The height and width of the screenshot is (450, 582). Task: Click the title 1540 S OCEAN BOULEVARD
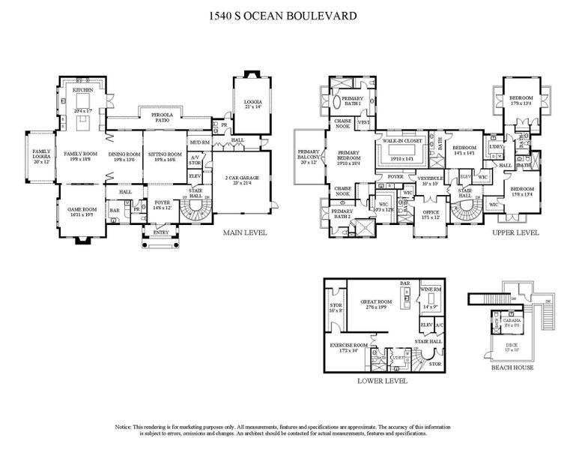click(x=291, y=15)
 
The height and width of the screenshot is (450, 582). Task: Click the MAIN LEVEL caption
click(x=245, y=233)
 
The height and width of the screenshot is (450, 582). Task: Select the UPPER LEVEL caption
click(x=515, y=233)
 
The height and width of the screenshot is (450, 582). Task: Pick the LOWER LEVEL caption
click(x=383, y=381)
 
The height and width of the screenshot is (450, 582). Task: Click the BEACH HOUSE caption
click(x=513, y=368)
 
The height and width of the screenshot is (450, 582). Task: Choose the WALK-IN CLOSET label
click(x=403, y=141)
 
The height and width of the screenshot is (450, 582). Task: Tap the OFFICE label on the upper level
click(x=431, y=212)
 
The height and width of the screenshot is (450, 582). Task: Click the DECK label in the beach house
click(x=512, y=343)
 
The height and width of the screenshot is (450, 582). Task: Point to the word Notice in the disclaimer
click(x=124, y=425)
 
